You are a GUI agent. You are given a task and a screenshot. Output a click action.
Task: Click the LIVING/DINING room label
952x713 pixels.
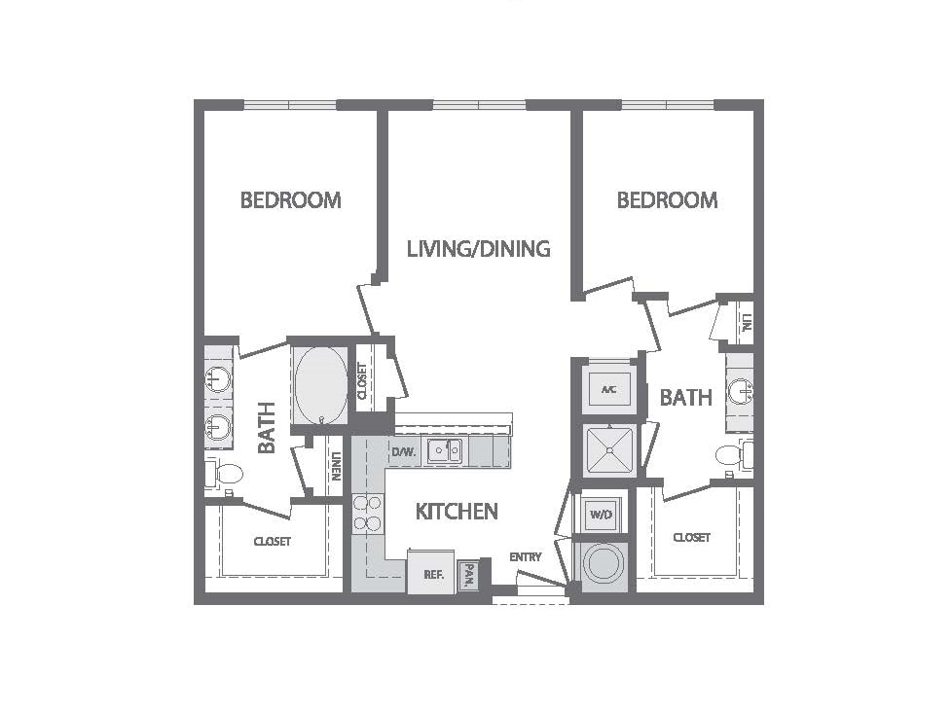478,249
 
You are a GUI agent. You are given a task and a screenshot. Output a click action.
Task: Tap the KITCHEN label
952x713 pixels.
457,512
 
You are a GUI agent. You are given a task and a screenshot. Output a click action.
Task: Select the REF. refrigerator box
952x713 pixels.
431,572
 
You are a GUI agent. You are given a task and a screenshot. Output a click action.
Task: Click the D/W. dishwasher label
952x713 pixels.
403,452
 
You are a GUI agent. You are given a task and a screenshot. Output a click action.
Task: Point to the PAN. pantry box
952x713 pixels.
468,574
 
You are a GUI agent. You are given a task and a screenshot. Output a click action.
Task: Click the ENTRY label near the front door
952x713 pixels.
526,557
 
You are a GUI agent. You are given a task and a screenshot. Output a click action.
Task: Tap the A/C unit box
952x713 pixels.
609,389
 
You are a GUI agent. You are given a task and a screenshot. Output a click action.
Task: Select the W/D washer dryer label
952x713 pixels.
601,515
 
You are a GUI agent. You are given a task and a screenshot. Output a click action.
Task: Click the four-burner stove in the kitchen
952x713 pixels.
367,514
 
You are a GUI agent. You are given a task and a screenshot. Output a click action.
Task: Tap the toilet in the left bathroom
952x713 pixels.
224,474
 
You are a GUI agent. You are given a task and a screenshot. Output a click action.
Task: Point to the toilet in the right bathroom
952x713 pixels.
735,454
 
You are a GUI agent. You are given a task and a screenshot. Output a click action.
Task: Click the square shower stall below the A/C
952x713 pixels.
609,450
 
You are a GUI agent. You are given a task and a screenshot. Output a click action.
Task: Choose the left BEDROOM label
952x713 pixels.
291,199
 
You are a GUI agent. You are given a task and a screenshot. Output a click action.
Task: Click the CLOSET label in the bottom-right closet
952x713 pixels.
691,538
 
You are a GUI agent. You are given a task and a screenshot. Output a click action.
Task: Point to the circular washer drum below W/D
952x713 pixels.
603,562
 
